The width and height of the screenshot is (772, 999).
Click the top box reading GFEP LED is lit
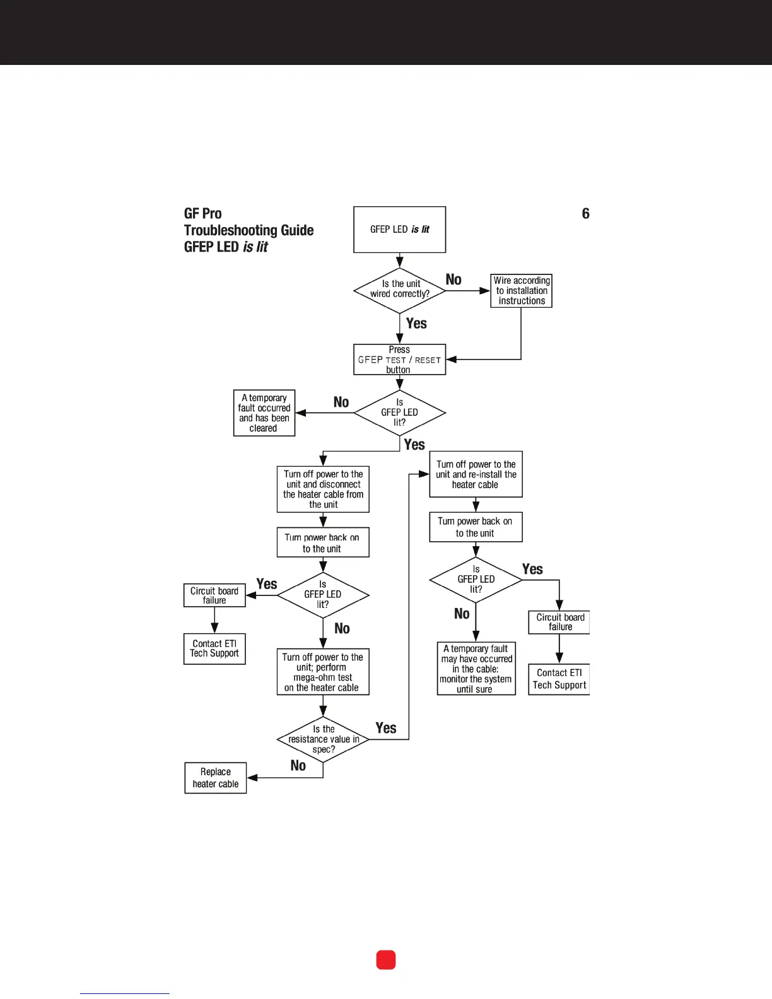[399, 230]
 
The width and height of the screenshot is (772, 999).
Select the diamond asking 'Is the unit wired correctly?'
[399, 289]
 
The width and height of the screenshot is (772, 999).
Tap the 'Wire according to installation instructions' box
[521, 291]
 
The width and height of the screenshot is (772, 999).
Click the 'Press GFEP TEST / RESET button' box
[399, 359]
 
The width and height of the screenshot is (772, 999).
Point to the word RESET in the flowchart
[428, 360]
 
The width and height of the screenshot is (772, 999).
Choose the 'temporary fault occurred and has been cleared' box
[264, 413]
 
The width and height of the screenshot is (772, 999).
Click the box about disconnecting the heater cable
[323, 489]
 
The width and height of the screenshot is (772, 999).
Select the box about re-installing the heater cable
[476, 474]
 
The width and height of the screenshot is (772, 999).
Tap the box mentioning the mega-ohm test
[323, 672]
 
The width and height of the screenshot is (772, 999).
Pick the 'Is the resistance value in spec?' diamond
[323, 739]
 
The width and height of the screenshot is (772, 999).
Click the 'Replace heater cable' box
[215, 778]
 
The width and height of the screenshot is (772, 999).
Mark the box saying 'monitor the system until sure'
[476, 669]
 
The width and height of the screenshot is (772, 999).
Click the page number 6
[585, 214]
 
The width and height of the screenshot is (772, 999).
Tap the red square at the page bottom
[386, 960]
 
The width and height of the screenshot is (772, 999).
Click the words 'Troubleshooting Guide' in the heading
[249, 230]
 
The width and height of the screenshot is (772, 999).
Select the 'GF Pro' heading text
[203, 214]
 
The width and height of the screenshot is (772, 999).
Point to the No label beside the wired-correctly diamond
[453, 279]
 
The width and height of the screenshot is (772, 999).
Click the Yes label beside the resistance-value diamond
[386, 728]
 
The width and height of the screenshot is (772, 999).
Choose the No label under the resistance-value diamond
[298, 766]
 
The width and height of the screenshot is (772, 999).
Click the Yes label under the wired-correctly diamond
[416, 324]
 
